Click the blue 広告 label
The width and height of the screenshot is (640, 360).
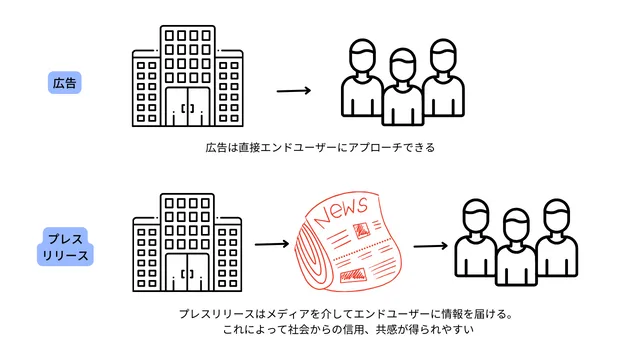pyautogui.click(x=66, y=83)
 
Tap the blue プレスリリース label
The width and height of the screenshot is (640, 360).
pyautogui.click(x=66, y=247)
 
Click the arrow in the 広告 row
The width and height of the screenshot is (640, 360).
pyautogui.click(x=291, y=91)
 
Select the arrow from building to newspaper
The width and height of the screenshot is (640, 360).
pyautogui.click(x=271, y=243)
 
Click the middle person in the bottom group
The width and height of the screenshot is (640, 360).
pyautogui.click(x=515, y=246)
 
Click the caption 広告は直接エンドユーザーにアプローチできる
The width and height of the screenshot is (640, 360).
pyautogui.click(x=320, y=148)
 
